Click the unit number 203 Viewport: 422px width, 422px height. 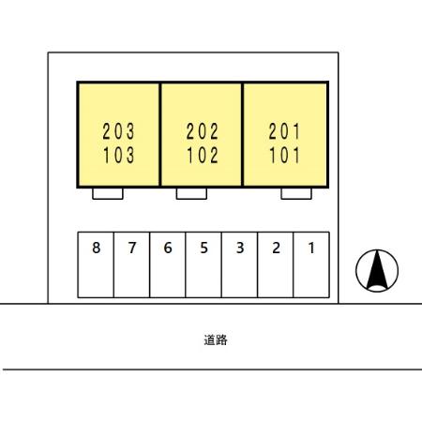coord(118,131)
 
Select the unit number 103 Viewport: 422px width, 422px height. coord(119,156)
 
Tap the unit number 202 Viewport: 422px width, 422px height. coord(203,131)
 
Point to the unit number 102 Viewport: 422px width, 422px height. coord(203,156)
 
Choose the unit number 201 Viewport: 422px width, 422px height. coord(284,131)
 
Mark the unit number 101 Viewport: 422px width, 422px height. coord(284,156)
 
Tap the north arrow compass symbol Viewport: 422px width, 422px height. coord(377,271)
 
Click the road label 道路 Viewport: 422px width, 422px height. coord(216,339)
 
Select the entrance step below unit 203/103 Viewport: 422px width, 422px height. coord(108,193)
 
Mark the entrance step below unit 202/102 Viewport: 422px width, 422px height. coord(191,193)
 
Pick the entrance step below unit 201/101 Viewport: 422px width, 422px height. coord(296,193)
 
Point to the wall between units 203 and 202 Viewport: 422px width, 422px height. coord(160,134)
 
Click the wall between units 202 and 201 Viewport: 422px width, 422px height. coord(242,134)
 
